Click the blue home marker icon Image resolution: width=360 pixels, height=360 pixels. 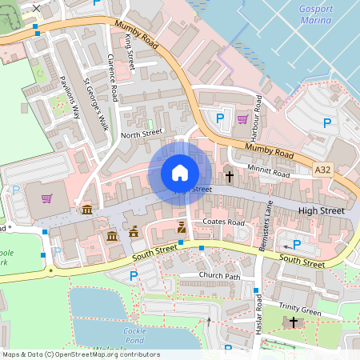[180, 173]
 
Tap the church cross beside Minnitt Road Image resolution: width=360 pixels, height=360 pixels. [230, 175]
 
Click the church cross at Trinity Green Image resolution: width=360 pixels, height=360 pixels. [293, 322]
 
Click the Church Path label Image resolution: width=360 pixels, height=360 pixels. [220, 276]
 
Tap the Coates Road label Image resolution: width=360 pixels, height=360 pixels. [223, 222]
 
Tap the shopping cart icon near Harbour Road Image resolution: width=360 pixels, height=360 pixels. [242, 120]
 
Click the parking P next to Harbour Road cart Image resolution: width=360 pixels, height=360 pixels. [220, 118]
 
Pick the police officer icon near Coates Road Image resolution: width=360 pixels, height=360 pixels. [182, 229]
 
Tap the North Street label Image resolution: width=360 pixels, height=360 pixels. [141, 134]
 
